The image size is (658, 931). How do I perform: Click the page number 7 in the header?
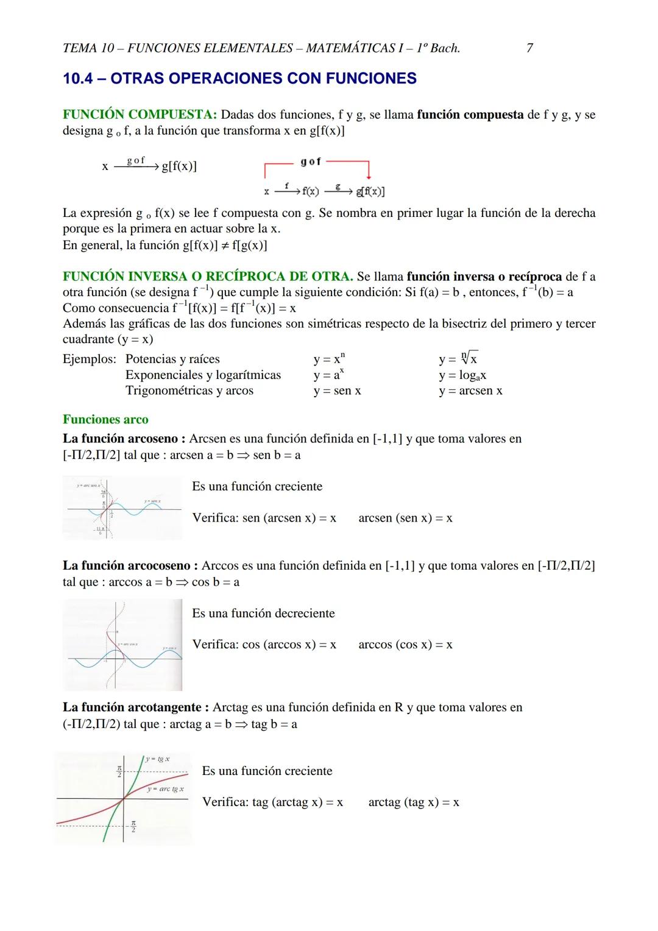(x=529, y=48)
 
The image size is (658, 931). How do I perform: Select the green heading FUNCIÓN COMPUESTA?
(x=140, y=115)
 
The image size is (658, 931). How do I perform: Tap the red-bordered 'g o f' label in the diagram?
(x=311, y=161)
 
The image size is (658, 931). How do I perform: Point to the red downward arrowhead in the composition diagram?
(x=369, y=176)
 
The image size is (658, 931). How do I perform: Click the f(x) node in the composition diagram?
(x=310, y=191)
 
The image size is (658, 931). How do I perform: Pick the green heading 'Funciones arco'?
(x=105, y=419)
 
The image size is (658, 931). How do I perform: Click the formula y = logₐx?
(x=462, y=375)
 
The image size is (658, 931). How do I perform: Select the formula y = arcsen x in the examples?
(x=470, y=391)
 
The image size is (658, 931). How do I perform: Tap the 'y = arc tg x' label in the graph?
(x=165, y=789)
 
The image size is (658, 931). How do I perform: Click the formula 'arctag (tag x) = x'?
(x=413, y=802)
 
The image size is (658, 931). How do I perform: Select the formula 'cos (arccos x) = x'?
(x=264, y=644)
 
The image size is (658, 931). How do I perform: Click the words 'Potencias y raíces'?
(x=172, y=359)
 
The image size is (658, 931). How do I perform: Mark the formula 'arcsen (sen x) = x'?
(x=405, y=518)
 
